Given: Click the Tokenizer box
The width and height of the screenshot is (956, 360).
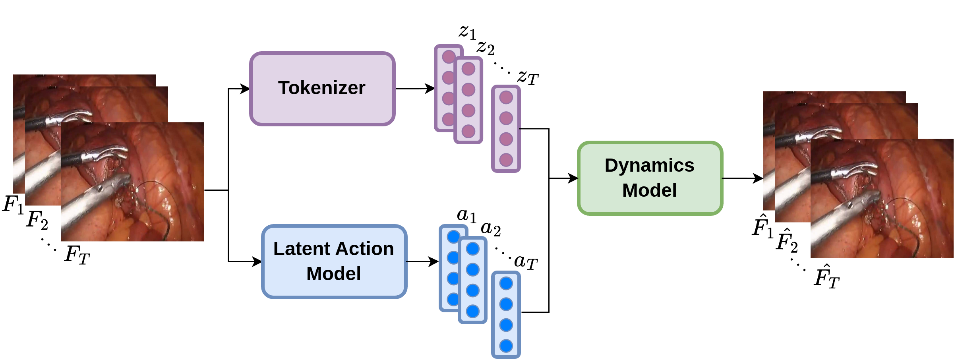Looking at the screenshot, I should pos(322,89).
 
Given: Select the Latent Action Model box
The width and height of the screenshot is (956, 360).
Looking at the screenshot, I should pos(334,261).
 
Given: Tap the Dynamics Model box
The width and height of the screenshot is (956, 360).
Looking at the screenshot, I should pos(650,178).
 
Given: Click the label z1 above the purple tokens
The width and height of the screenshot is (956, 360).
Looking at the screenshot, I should pos(467,32).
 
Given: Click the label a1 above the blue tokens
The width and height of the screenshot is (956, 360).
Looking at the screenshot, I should pos(466,216).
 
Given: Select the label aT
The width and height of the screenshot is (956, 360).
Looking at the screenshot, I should pos(526,262).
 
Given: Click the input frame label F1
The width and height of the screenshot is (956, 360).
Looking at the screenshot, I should pos(13,205).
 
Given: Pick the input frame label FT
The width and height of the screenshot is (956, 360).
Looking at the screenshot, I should pos(77,255).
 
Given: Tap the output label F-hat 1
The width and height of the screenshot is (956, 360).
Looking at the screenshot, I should pos(762,227).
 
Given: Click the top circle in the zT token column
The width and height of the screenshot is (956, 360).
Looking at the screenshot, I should pos(506,97).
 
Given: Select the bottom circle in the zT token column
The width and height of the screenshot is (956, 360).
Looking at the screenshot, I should pos(506,160).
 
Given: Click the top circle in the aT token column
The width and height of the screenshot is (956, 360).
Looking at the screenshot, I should pos(506,283).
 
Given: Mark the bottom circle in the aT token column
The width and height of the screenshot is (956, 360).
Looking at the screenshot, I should pos(506,346).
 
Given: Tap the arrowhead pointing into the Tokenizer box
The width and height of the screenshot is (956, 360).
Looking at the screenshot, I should pos(245,89).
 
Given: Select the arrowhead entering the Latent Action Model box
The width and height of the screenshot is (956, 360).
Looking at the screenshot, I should pos(257,261).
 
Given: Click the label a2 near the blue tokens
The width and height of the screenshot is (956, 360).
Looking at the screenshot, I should pos(490,229).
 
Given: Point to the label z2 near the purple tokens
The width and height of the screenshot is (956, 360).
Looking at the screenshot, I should pos(486,48).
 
